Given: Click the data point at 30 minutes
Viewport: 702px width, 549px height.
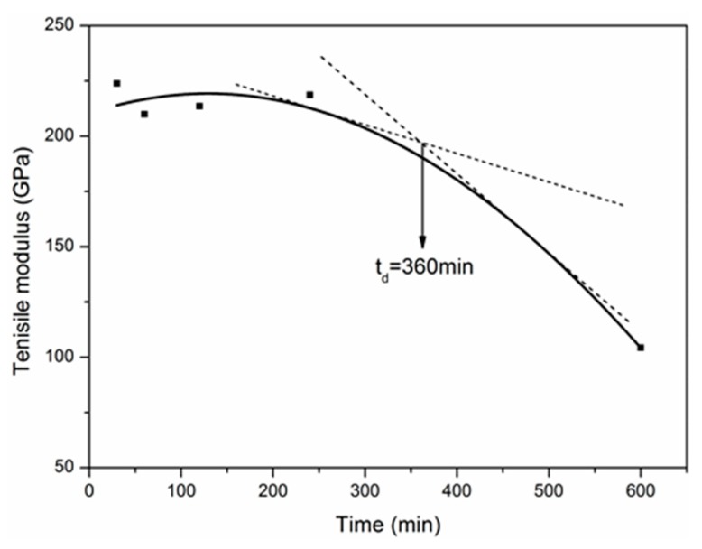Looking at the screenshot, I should (116, 83).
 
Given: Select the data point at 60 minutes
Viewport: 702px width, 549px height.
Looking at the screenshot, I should (144, 114).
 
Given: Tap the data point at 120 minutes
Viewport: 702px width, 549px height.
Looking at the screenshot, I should (199, 106).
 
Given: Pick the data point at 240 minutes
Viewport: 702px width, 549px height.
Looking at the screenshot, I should (309, 94).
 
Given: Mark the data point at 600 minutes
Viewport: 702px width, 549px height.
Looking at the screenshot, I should (641, 347).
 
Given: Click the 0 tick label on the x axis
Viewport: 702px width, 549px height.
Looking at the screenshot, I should (89, 490).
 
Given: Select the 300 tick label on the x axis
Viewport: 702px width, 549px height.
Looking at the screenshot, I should (365, 490).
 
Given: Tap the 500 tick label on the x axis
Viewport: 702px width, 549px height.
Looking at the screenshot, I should (549, 490).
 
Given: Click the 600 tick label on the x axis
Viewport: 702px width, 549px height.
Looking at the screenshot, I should (641, 490).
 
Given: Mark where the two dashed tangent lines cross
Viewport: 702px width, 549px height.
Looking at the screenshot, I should (422, 142).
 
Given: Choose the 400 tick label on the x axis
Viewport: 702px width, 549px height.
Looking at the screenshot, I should (457, 490).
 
